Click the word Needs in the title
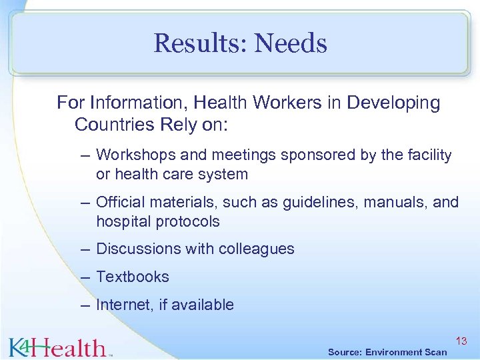(291, 44)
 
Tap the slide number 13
(461, 341)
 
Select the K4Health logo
(58, 346)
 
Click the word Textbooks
(133, 277)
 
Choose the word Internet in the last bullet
(125, 305)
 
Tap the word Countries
(109, 124)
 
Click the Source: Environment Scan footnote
(387, 351)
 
